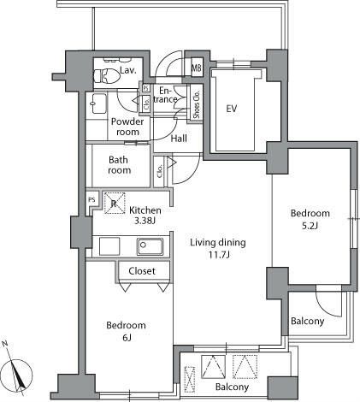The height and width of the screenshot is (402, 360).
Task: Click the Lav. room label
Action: point(128,70)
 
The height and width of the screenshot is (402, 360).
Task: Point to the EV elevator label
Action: point(231,109)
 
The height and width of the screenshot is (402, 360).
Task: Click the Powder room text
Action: point(127,127)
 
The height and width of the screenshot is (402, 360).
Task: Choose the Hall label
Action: point(179,139)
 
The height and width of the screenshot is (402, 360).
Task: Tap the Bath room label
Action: point(119,164)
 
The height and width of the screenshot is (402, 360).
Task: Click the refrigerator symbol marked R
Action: point(113,204)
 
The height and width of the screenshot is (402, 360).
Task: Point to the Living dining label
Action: point(217,243)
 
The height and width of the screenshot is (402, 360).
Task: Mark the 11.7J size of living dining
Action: point(217,255)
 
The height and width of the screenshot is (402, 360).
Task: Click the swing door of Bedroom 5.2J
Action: point(327,300)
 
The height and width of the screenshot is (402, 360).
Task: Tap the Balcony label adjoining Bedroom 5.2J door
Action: point(307,322)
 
